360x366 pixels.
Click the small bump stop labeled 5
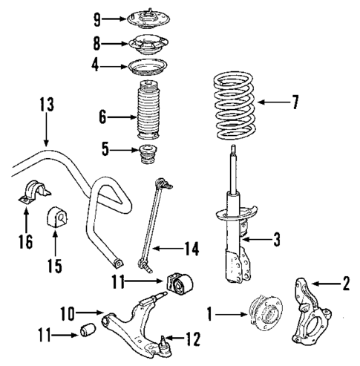pos(146,158)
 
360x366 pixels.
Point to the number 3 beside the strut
pos(277,239)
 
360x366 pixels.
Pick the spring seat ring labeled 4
pos(146,69)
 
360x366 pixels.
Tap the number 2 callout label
pos(344,282)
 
